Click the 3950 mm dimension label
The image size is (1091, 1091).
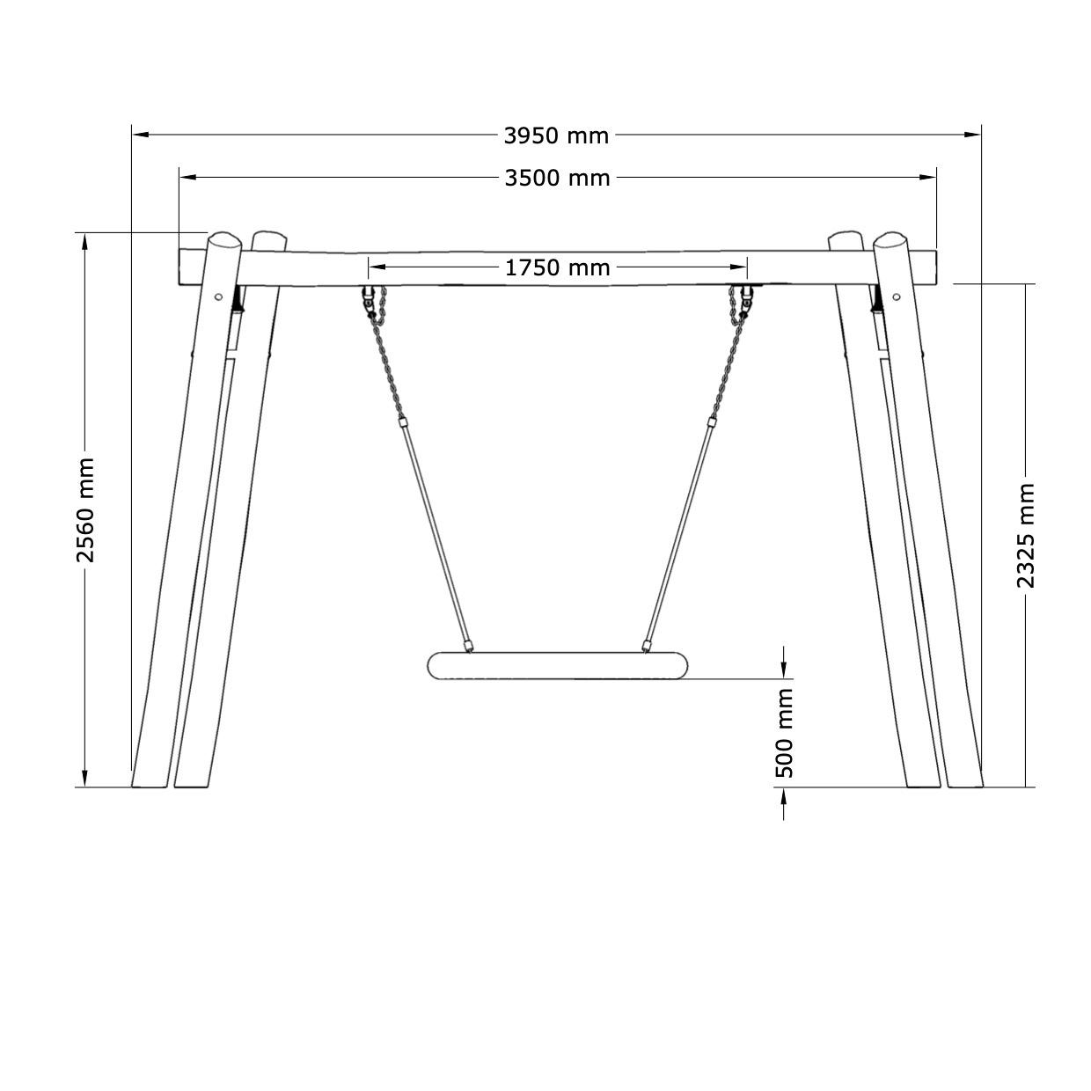coord(556,135)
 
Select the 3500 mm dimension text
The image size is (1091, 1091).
coord(557,179)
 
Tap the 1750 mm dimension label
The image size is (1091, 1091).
coord(557,267)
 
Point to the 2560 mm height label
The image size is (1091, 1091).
coord(85,510)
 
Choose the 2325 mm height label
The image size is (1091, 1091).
coord(1025,536)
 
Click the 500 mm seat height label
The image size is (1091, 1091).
coord(784,733)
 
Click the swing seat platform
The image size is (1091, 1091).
coord(558,665)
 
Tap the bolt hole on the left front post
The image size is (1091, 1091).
coord(218,297)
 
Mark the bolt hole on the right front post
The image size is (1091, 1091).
coord(896,297)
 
